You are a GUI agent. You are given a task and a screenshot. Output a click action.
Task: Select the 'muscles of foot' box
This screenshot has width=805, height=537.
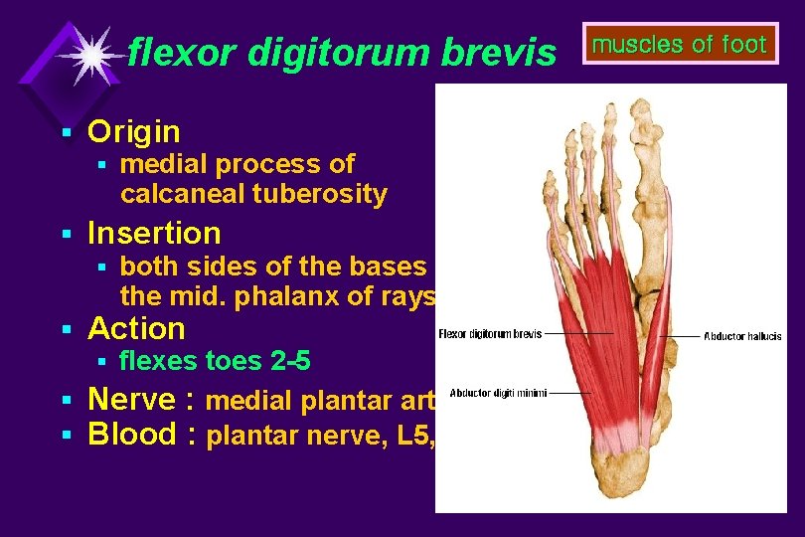(680, 44)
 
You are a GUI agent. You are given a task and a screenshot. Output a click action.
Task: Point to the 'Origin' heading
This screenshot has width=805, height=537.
(134, 131)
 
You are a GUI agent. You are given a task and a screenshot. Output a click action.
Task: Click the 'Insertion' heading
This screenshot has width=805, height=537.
(154, 234)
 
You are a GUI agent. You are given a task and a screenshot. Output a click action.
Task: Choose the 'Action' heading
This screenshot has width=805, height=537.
(136, 328)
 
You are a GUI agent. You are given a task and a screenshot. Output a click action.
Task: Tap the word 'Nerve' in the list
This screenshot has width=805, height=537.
(133, 400)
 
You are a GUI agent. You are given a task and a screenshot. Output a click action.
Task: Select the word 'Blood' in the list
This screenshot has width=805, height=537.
(133, 435)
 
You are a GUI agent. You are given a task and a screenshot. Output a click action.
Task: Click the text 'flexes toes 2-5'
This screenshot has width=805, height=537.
(215, 361)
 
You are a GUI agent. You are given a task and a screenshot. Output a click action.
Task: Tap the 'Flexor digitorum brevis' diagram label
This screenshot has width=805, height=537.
(490, 334)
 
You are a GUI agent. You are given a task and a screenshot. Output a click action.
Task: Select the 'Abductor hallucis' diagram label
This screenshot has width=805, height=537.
(742, 337)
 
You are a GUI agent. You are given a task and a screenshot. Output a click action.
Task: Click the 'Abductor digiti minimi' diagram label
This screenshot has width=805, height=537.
(498, 394)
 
